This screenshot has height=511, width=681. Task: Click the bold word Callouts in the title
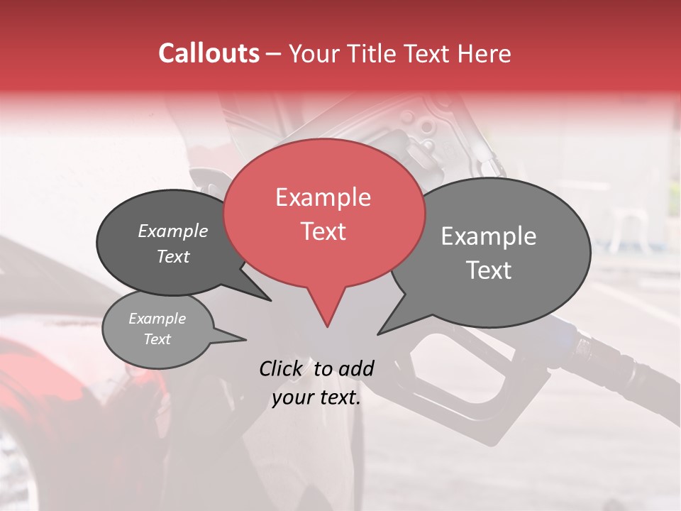(x=209, y=53)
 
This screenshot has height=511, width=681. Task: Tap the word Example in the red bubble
(x=323, y=197)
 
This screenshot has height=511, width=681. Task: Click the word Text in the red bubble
(x=323, y=231)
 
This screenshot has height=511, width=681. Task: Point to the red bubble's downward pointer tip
(x=327, y=326)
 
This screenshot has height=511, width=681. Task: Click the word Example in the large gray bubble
(x=489, y=236)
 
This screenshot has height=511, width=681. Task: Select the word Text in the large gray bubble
(x=489, y=270)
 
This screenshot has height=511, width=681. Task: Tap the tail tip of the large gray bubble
(x=379, y=334)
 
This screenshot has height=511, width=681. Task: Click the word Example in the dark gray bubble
(x=172, y=231)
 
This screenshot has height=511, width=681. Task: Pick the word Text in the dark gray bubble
(x=172, y=257)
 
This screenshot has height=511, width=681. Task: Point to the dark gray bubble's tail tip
(x=270, y=300)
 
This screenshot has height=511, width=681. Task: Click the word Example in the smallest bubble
(x=157, y=319)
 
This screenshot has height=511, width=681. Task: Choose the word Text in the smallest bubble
(x=157, y=339)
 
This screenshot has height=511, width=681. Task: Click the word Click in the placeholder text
(x=281, y=368)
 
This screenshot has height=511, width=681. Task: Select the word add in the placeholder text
(x=356, y=368)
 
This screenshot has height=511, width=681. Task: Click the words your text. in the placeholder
(x=316, y=397)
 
